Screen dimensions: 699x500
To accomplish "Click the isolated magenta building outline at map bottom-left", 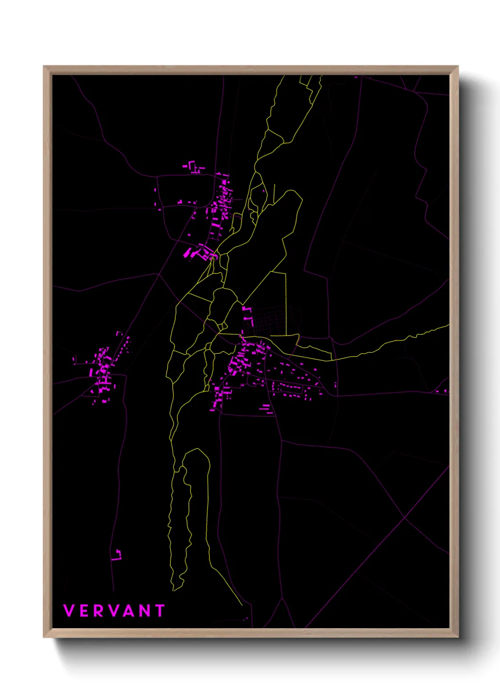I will tap(117, 554).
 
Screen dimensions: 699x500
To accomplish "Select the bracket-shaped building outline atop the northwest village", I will tap(192, 166).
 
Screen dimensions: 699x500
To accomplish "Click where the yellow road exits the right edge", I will tap(448, 325).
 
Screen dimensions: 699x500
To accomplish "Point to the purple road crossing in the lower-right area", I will tap(405, 518).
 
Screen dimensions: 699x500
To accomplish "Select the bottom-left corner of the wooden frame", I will tap(44, 637).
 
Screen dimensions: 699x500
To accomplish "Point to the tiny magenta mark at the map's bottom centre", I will tap(245, 618).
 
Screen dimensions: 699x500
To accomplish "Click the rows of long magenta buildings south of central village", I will tap(267, 409).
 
